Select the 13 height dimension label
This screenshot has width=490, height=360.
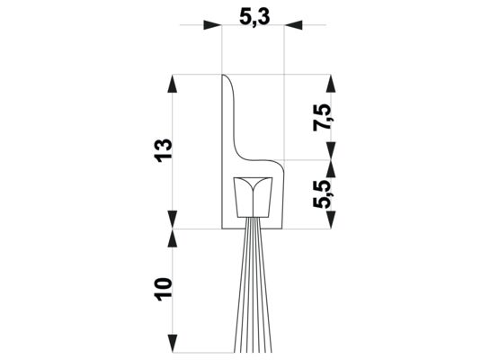point(164,151)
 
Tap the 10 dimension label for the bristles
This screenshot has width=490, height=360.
point(162,289)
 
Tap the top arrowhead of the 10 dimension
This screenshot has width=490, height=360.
point(172,236)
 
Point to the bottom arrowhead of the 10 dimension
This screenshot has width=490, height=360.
point(172,346)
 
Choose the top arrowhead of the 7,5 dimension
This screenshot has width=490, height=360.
point(332,82)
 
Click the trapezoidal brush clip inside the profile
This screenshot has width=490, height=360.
point(252,197)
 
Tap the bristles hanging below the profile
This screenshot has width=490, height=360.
point(252,288)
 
